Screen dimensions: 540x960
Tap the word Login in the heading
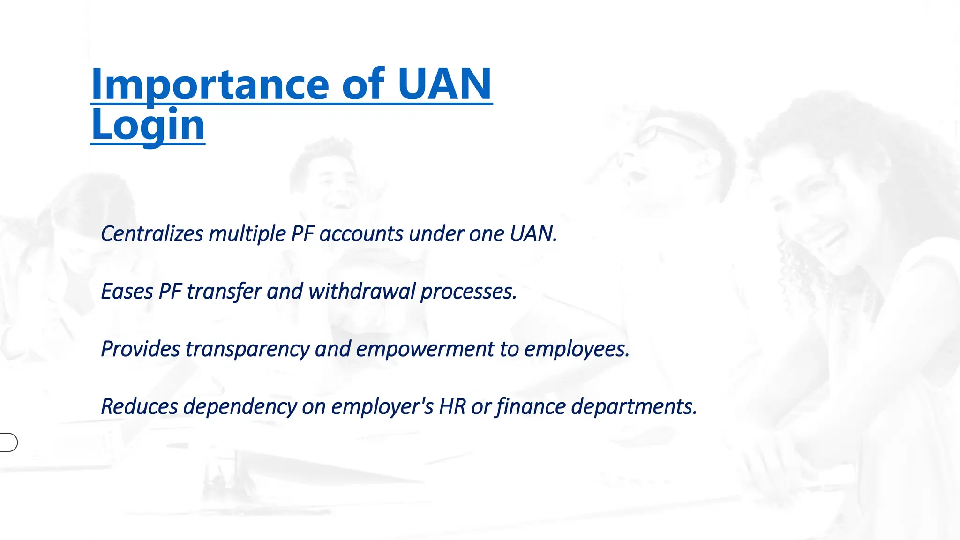(148, 125)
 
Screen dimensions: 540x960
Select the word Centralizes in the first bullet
(152, 233)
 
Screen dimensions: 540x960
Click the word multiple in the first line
(247, 234)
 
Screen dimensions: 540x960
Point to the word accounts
(361, 233)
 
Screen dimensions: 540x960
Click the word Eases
(127, 291)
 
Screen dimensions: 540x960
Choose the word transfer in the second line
(224, 291)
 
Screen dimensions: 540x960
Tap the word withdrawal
(362, 291)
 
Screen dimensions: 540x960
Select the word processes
(469, 292)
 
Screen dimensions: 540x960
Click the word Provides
(140, 349)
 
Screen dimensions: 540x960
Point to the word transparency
(247, 349)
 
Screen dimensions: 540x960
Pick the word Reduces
(139, 406)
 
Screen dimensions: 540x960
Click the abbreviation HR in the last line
(452, 406)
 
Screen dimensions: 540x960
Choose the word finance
(531, 406)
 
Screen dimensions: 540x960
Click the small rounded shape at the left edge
(8, 442)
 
